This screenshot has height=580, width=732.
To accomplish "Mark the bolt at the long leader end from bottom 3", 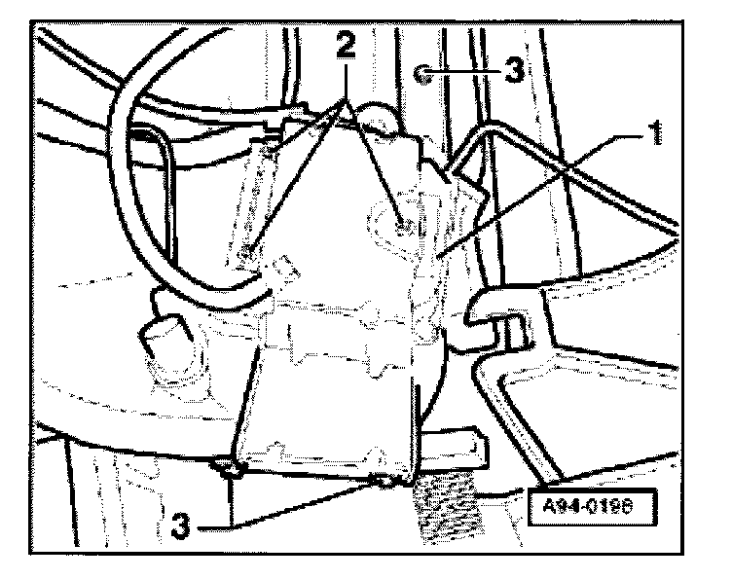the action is pos(389,482).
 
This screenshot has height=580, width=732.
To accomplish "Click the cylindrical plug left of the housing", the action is pos(165,336).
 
